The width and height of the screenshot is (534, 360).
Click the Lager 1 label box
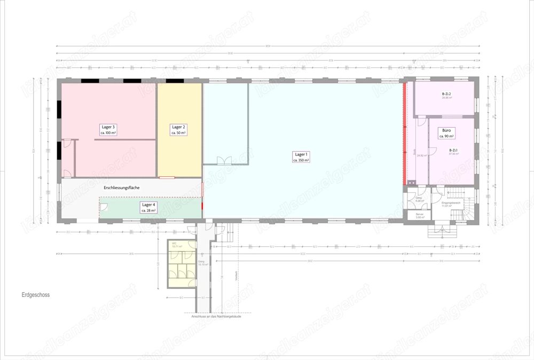click(301, 157)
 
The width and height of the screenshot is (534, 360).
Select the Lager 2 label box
click(178, 130)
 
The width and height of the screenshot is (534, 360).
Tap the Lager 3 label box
click(108, 130)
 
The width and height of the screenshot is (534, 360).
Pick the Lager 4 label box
click(148, 207)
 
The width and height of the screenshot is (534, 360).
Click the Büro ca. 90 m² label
click(446, 133)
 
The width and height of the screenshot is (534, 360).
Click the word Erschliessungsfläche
click(122, 188)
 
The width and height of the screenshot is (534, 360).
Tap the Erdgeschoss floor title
click(36, 295)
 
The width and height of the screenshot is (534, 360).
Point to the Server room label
click(420, 216)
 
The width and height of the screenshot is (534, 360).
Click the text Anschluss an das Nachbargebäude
click(216, 316)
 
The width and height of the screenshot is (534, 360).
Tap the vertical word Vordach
click(236, 276)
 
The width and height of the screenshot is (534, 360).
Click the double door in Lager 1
click(225, 160)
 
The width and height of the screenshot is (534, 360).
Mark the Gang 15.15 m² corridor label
click(202, 263)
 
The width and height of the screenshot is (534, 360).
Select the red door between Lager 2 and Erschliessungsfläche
click(167, 177)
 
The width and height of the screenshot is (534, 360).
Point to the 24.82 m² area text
click(422, 155)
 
